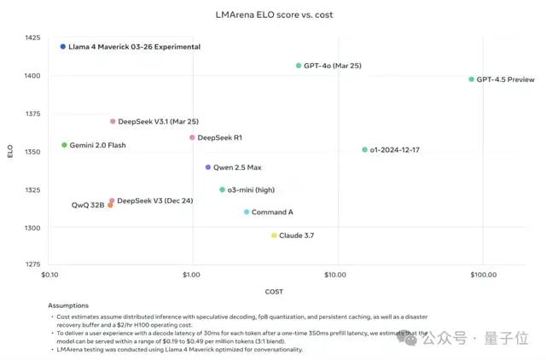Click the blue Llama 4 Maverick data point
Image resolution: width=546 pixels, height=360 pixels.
click(x=63, y=47)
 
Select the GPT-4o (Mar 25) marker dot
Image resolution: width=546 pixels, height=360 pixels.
click(x=299, y=66)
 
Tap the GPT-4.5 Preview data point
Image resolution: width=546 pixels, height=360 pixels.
click(x=471, y=79)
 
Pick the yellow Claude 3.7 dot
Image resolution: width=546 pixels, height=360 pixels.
click(x=274, y=235)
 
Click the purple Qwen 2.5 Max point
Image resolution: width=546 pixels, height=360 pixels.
click(x=207, y=167)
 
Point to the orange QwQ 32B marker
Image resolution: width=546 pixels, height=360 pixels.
click(x=110, y=206)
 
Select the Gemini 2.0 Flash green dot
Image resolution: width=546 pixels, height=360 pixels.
click(x=64, y=145)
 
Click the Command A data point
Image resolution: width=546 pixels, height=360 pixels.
click(x=247, y=212)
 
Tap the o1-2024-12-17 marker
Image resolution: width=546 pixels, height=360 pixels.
click(x=364, y=150)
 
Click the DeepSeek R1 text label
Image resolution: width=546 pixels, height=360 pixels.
click(x=222, y=137)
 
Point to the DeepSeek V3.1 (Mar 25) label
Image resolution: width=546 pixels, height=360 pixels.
click(x=158, y=121)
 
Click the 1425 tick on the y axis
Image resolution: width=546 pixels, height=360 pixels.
click(x=32, y=38)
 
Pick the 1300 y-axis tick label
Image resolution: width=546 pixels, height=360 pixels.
click(x=32, y=229)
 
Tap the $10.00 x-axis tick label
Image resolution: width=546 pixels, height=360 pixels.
click(x=336, y=276)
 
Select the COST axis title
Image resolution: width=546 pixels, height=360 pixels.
click(x=275, y=291)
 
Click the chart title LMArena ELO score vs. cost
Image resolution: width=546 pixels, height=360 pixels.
click(x=273, y=15)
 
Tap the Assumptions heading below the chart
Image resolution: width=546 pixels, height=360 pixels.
click(x=69, y=305)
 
